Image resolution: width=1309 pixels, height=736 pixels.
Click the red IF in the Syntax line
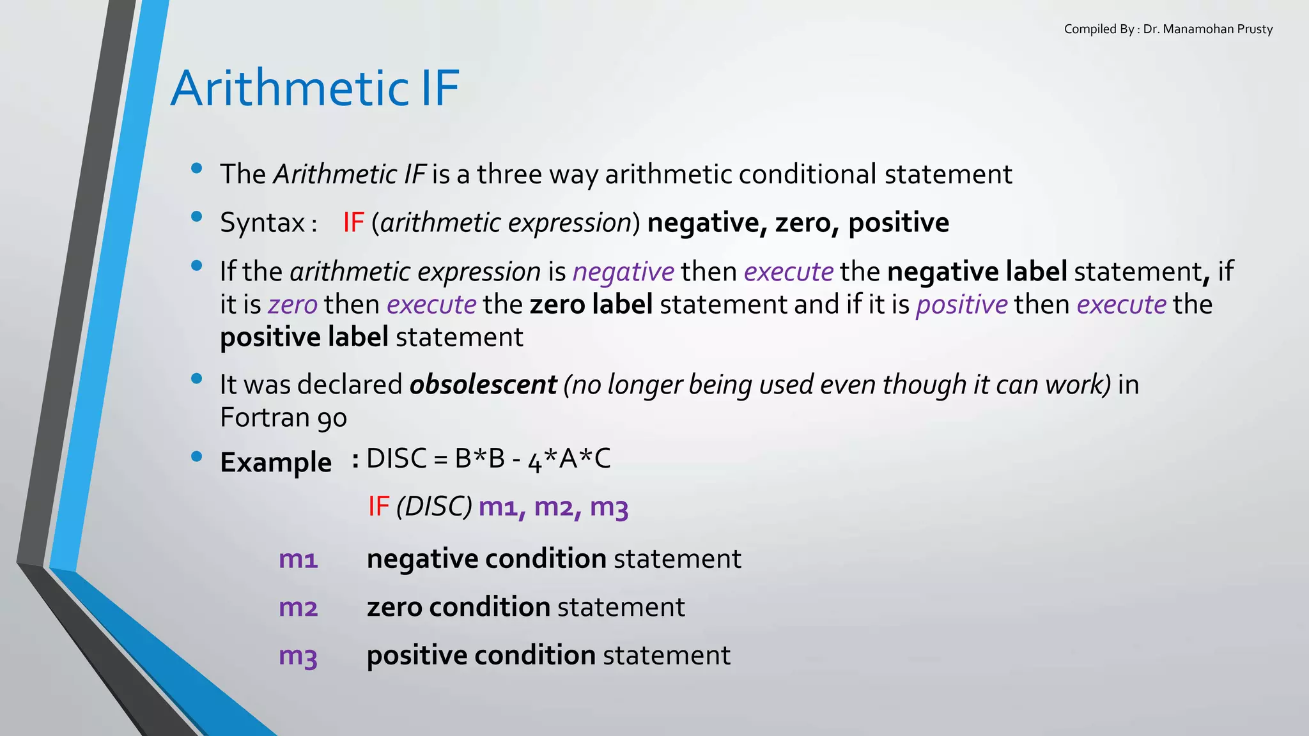click(x=353, y=223)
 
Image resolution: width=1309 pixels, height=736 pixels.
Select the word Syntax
click(x=262, y=223)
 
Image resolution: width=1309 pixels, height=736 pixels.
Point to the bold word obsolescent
click(x=483, y=385)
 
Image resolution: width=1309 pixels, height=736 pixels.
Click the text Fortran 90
click(x=283, y=418)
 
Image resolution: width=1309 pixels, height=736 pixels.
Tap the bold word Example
click(x=275, y=462)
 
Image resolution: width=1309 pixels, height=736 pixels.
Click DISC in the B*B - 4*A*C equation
click(x=396, y=459)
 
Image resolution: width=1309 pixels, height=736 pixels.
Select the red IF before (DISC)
click(x=378, y=507)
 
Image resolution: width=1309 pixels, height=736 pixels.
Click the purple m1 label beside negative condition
click(x=298, y=559)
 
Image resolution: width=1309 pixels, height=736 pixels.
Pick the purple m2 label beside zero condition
click(x=298, y=607)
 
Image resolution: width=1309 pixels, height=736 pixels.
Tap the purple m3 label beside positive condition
click(x=298, y=655)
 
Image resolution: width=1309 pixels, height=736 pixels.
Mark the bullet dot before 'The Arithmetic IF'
click(x=197, y=169)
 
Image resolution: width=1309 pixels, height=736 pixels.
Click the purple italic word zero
click(x=293, y=305)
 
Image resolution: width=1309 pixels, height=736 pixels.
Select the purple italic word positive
click(x=961, y=305)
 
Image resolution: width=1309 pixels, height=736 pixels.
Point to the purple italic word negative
click(x=623, y=272)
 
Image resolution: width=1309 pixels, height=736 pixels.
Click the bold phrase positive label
click(x=304, y=337)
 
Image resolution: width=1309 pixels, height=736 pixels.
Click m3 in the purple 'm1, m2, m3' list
click(x=609, y=507)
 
